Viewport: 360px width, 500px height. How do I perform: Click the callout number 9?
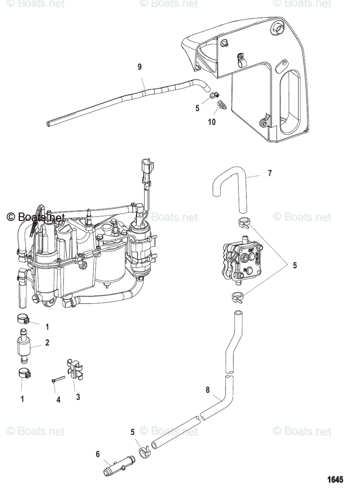pyautogui.click(x=140, y=66)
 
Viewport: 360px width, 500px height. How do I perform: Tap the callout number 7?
pyautogui.click(x=270, y=173)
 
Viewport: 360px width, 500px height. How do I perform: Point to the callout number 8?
pyautogui.click(x=208, y=390)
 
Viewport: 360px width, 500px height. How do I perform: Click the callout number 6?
pyautogui.click(x=98, y=454)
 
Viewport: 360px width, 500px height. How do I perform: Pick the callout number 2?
pyautogui.click(x=47, y=342)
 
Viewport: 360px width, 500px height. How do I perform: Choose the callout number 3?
pyautogui.click(x=78, y=397)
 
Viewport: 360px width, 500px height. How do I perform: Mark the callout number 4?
pyautogui.click(x=58, y=400)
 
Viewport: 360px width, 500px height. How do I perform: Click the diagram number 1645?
pyautogui.click(x=335, y=480)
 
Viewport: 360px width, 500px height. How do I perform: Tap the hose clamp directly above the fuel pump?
pyautogui.click(x=245, y=223)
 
